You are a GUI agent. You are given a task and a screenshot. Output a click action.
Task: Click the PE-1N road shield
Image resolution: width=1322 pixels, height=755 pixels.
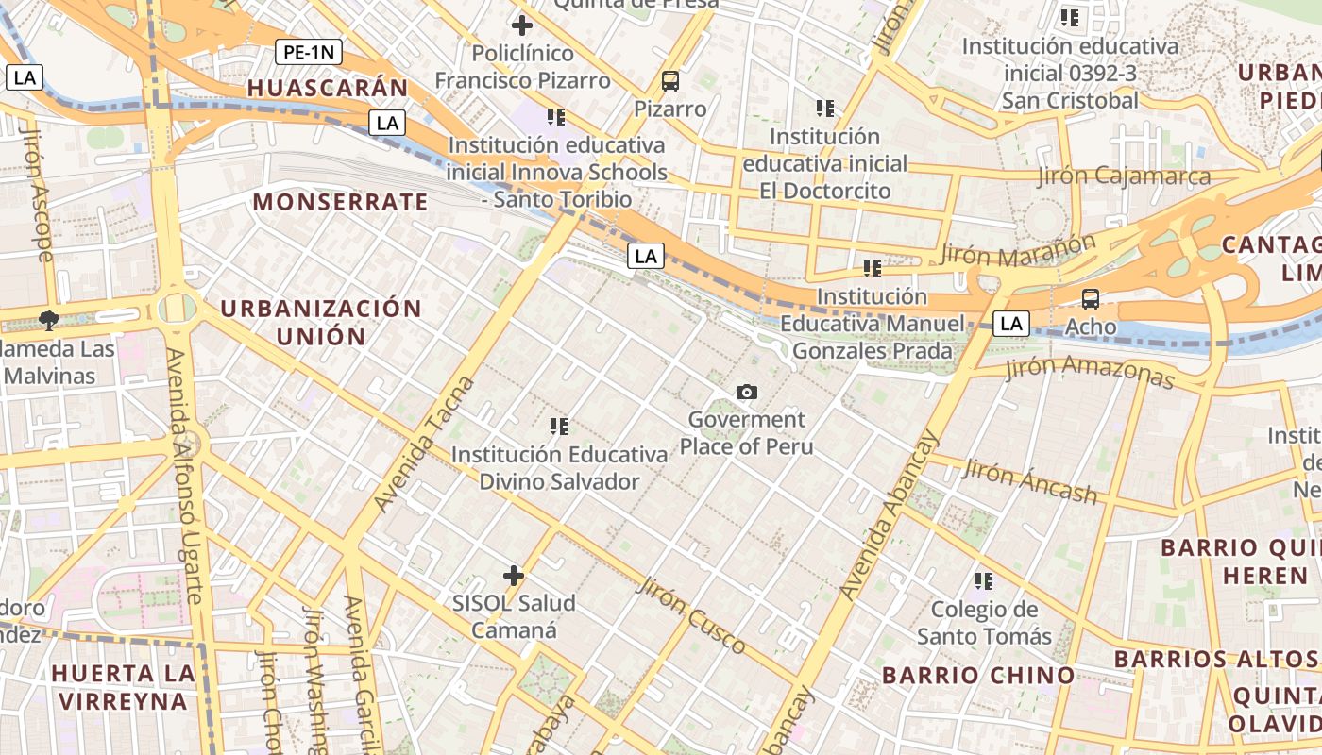(309, 52)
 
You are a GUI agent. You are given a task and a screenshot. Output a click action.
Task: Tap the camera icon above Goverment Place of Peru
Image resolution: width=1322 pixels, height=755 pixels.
(746, 392)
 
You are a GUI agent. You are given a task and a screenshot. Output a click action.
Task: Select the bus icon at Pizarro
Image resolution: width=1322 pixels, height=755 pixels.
(670, 81)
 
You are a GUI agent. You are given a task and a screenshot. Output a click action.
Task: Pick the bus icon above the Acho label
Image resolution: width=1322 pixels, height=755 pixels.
(1091, 299)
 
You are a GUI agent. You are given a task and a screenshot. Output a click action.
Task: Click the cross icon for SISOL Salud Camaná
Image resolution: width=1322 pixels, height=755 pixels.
(514, 575)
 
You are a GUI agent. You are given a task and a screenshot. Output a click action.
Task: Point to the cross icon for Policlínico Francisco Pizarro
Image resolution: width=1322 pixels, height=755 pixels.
(521, 25)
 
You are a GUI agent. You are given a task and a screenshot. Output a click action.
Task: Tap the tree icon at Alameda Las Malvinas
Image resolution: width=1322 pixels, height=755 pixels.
(48, 320)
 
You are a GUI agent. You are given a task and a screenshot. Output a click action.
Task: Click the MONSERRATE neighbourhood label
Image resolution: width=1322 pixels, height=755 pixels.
(340, 201)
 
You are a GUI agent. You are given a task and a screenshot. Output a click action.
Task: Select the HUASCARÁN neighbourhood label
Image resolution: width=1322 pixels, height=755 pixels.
(328, 89)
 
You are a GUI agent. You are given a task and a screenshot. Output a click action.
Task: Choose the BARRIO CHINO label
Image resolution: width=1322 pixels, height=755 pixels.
(978, 675)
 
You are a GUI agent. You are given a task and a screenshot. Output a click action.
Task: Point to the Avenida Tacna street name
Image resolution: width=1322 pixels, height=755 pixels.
(424, 444)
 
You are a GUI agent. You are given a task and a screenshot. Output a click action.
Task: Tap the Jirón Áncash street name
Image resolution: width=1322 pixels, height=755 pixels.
(1029, 480)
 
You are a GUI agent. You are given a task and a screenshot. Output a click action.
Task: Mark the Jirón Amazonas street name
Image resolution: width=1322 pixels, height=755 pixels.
(1089, 372)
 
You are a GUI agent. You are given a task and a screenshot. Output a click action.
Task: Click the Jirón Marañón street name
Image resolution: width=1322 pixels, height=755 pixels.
(1018, 247)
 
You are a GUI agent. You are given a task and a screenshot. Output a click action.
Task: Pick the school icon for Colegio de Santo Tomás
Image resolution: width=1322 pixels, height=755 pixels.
(984, 580)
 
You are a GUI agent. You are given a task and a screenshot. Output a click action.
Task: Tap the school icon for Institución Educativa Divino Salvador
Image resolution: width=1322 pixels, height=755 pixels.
(559, 427)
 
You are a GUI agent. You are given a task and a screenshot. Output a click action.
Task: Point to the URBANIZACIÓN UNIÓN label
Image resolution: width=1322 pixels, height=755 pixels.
(320, 322)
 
